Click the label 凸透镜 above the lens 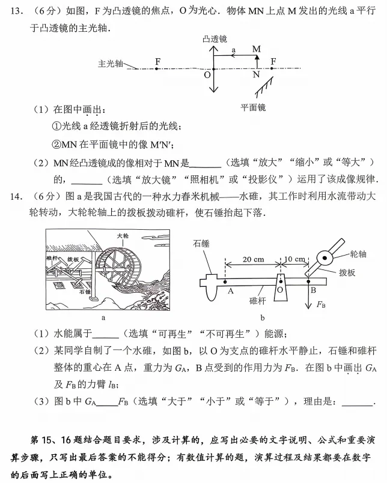point(215,38)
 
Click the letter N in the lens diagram point(257,74)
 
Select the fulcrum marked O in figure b point(280,289)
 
